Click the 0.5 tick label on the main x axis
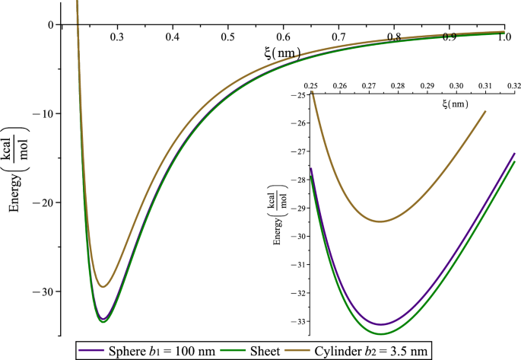(x=227, y=37)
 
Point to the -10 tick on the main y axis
(x=49, y=113)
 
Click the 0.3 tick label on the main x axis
(x=117, y=37)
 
